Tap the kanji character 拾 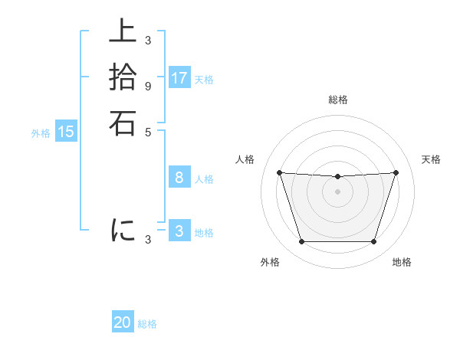tap(123, 77)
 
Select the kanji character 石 tap(123, 123)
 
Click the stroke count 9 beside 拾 tap(147, 86)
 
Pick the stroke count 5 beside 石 tap(147, 131)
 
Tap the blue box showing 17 tap(179, 78)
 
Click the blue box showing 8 tap(179, 178)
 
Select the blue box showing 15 tap(66, 132)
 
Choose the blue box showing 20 tap(123, 323)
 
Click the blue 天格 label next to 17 tap(204, 79)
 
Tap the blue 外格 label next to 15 tap(41, 133)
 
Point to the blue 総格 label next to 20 tap(147, 324)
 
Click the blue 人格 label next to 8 tap(204, 179)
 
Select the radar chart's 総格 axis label tap(337, 100)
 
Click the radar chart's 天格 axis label tap(431, 159)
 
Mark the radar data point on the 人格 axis tap(279, 172)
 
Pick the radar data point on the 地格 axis tap(373, 242)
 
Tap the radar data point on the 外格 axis tap(301, 242)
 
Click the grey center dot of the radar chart tap(337, 191)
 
